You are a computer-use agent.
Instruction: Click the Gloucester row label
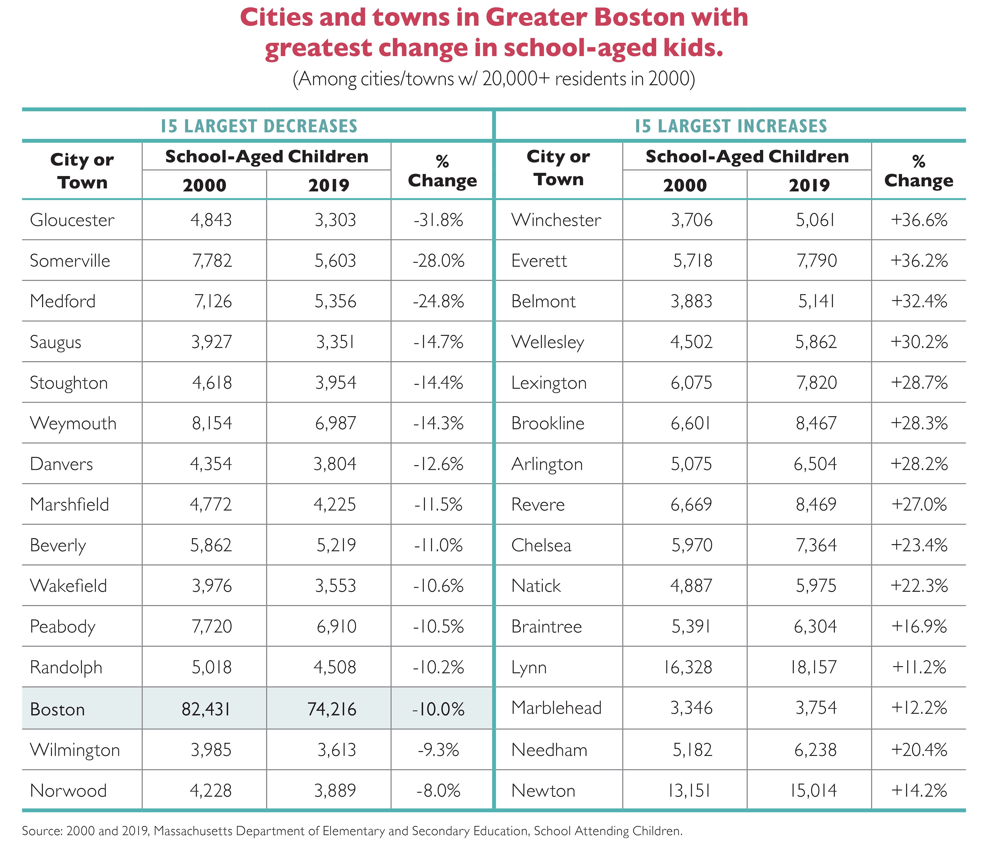pos(72,220)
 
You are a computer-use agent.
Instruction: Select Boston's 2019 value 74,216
pos(332,709)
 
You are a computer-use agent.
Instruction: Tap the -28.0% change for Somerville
pos(438,260)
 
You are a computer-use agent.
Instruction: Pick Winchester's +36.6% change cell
pos(919,220)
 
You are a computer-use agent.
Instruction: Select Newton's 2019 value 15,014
pos(813,790)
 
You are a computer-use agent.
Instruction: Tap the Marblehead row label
pos(556,708)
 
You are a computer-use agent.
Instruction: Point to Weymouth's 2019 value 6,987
pos(335,423)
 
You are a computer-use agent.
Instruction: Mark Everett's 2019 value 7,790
pos(816,260)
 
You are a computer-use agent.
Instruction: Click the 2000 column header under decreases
pos(204,185)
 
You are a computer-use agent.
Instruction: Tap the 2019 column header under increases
pos(809,185)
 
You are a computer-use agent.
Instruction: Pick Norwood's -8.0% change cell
pos(438,790)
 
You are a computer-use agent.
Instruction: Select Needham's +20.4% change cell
pos(919,750)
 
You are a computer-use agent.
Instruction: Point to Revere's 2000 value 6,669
pos(691,505)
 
